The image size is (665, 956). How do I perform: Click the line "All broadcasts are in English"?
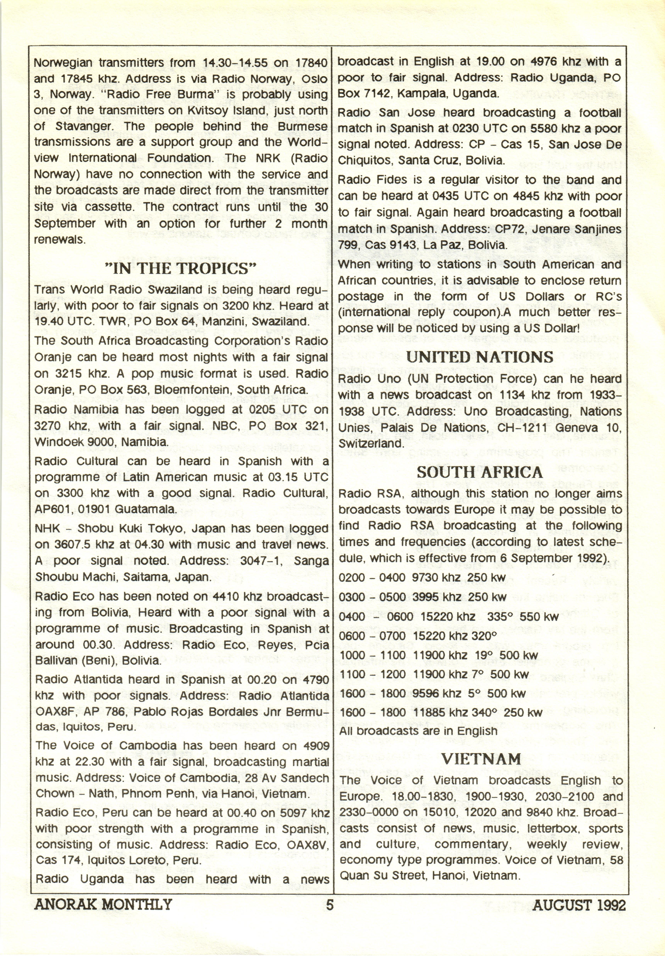click(x=418, y=731)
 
